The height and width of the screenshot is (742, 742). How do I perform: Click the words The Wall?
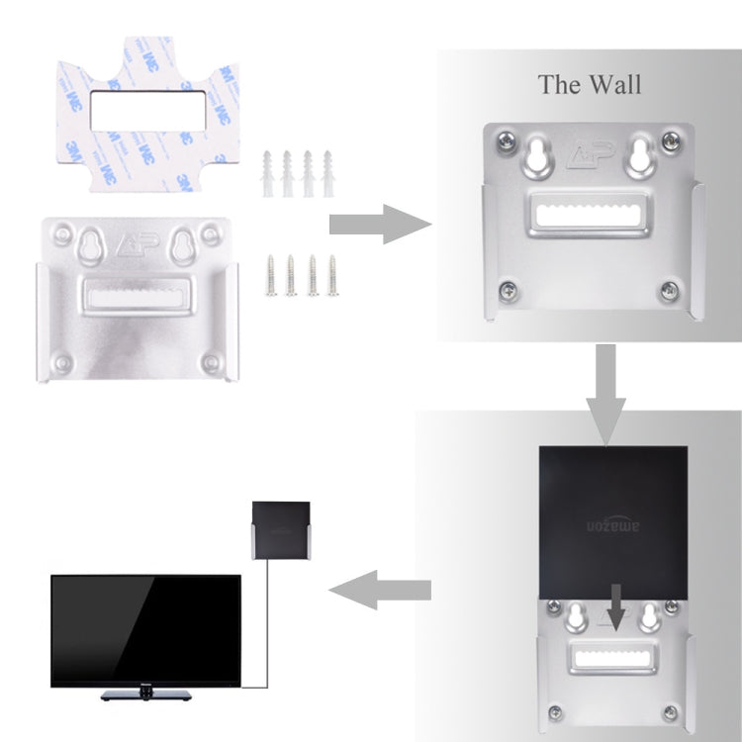590,83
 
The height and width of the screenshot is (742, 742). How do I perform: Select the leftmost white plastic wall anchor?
267,172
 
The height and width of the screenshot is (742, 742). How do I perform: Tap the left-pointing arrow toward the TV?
380,592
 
